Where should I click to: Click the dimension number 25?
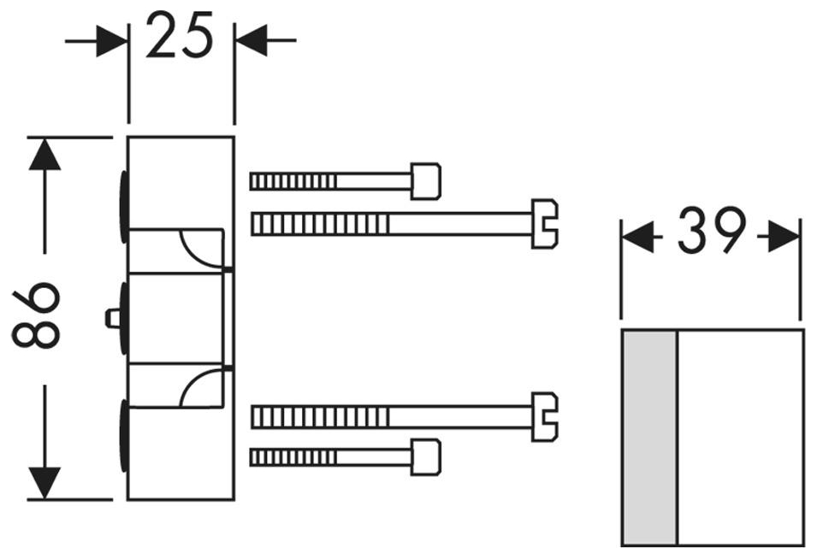180,36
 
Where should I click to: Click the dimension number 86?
37,316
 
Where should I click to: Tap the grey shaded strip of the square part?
648,437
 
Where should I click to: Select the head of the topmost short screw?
425,181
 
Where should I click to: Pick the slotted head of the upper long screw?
544,224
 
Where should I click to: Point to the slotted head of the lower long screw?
544,416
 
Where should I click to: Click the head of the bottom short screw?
425,457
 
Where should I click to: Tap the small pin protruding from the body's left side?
111,318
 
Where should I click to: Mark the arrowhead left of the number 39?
638,237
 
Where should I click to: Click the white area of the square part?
740,437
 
